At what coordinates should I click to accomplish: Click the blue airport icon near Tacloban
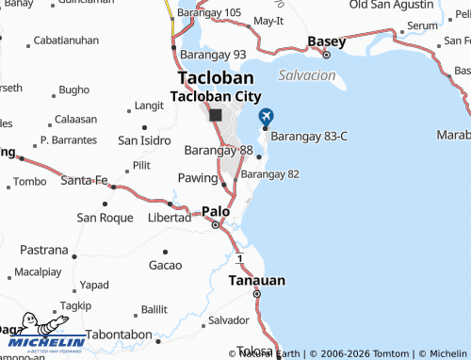(x=265, y=116)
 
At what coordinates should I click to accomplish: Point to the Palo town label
(x=215, y=211)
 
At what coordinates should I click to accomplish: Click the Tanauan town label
(x=256, y=280)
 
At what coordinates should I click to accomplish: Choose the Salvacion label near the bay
(x=307, y=74)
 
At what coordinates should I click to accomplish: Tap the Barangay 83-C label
(x=309, y=136)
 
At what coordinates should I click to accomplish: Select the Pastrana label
(x=44, y=251)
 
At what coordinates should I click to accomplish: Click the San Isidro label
(x=144, y=140)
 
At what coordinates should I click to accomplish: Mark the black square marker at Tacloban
(x=216, y=115)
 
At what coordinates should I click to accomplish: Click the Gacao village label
(x=165, y=265)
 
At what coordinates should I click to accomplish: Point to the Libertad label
(x=170, y=218)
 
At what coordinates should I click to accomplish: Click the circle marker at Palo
(x=215, y=224)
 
